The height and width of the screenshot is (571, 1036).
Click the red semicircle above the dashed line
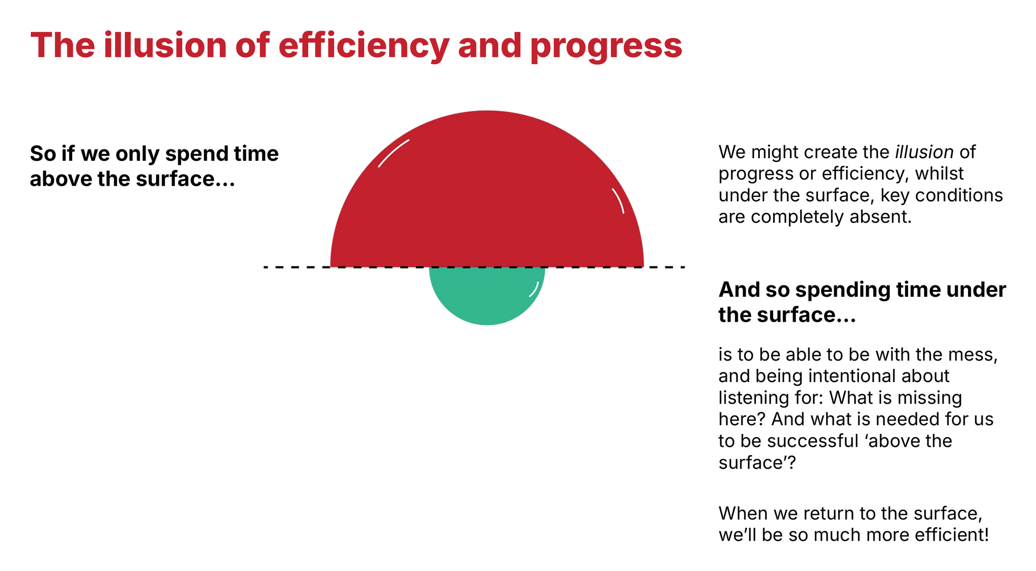click(x=487, y=200)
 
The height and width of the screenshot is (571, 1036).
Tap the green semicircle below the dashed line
click(x=487, y=294)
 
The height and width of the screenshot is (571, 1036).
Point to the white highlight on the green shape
click(x=534, y=289)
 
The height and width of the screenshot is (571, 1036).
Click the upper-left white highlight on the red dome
click(x=393, y=153)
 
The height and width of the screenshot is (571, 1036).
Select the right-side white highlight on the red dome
click(x=618, y=201)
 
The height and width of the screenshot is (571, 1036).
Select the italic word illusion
click(x=924, y=152)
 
